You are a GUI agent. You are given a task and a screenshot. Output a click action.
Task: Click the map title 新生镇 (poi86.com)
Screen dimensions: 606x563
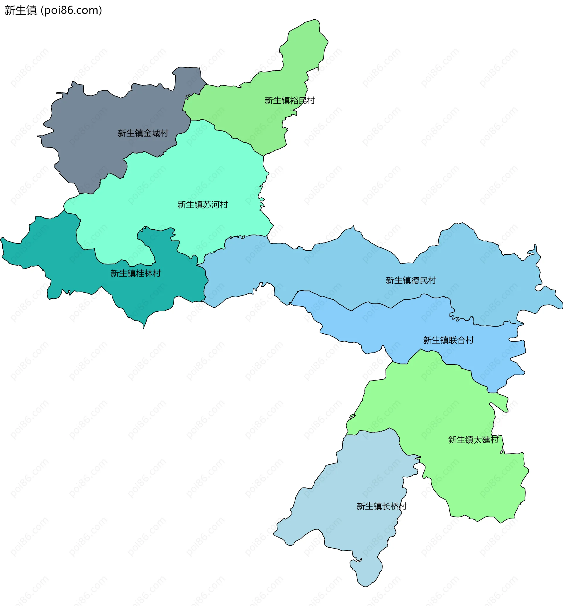tap(53, 10)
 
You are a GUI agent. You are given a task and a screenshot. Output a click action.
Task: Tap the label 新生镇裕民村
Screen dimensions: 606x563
tap(289, 101)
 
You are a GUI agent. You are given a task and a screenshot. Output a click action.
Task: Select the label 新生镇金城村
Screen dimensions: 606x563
tap(143, 133)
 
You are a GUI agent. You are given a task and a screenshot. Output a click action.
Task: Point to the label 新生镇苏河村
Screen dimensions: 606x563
tap(203, 205)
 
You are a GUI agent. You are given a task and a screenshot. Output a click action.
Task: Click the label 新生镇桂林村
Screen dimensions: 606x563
tap(135, 273)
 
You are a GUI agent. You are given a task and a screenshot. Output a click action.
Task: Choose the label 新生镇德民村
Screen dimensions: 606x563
tap(411, 280)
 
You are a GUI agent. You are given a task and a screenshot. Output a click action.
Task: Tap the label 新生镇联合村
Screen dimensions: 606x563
tap(448, 340)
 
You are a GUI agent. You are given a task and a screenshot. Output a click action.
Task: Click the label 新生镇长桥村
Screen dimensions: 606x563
tap(381, 506)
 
